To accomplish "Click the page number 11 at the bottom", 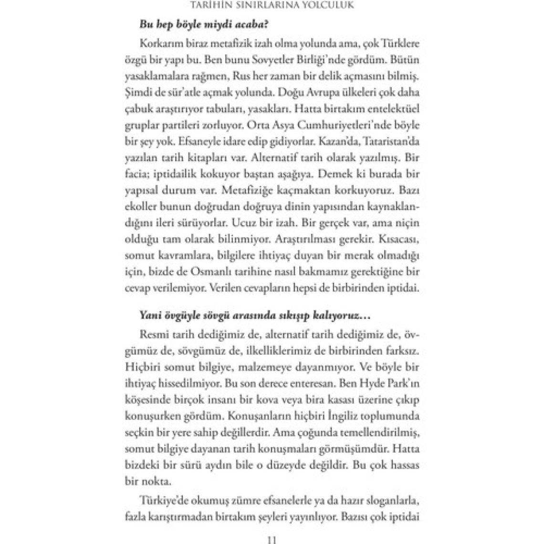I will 272,540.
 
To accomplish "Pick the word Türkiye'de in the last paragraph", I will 164,501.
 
